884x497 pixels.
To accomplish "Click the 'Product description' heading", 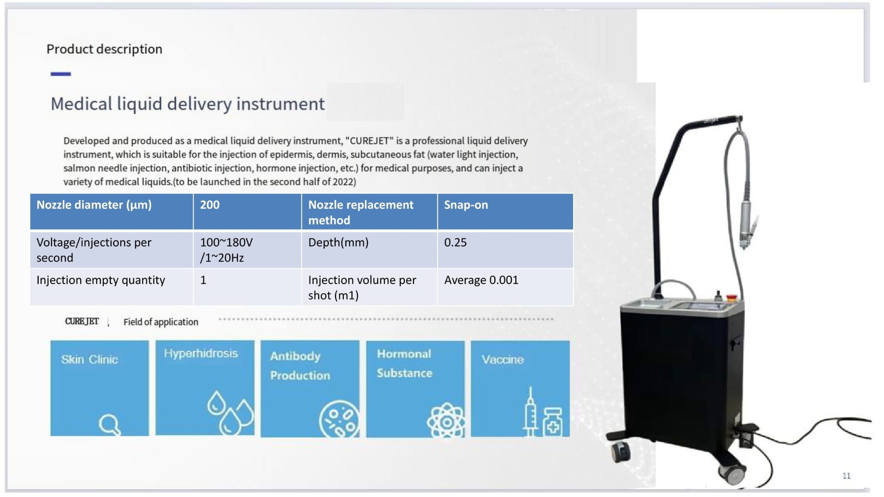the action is click(104, 49).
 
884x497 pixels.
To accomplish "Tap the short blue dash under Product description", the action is click(61, 74).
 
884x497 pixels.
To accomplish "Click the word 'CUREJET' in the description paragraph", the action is click(369, 141).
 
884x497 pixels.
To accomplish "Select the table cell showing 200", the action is click(247, 211).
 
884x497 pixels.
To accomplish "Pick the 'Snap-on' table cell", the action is click(505, 211).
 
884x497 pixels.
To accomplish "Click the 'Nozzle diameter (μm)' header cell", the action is click(111, 211).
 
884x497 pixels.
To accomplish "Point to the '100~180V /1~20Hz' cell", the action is click(247, 250).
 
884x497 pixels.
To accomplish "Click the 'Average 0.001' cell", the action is click(505, 287).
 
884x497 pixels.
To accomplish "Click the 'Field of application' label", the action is click(161, 322).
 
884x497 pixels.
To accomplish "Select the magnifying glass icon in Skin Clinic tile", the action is click(110, 425).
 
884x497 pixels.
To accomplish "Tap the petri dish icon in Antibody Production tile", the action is click(339, 419).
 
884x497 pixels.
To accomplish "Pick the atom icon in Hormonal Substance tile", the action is click(446, 420).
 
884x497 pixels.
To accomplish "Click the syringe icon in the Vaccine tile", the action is click(530, 412).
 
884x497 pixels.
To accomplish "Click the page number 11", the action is click(847, 476).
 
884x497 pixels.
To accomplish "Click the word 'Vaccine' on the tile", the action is click(502, 360).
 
